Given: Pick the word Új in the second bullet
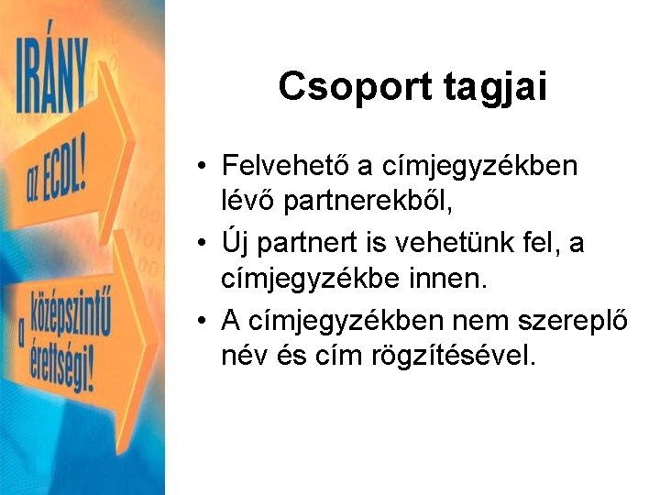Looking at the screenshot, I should [x=233, y=244].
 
